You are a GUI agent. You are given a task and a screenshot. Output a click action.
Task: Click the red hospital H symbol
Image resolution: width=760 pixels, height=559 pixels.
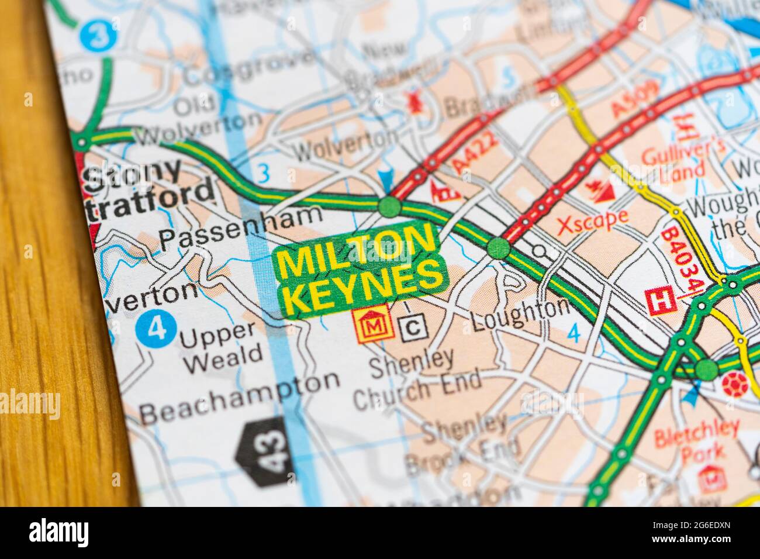click(661, 302)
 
